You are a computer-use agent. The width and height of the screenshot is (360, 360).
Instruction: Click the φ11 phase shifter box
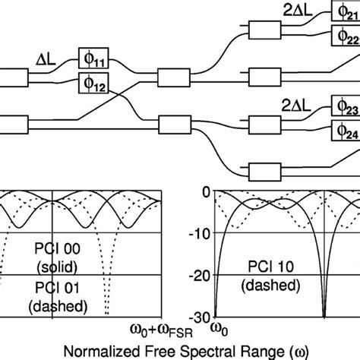pyautogui.click(x=93, y=58)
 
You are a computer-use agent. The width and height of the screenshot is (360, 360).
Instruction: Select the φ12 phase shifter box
pyautogui.click(x=93, y=83)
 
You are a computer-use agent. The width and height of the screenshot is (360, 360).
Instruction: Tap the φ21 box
pyautogui.click(x=346, y=11)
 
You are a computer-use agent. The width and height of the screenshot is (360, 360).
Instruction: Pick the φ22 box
pyautogui.click(x=346, y=36)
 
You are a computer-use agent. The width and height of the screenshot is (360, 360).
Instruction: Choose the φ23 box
pyautogui.click(x=346, y=106)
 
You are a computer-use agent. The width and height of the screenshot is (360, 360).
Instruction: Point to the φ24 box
pyautogui.click(x=346, y=131)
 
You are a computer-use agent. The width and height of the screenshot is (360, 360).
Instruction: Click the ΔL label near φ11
pyautogui.click(x=46, y=60)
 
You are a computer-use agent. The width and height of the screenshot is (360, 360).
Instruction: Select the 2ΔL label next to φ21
pyautogui.click(x=298, y=11)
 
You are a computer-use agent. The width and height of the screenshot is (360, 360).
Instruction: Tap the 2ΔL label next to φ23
pyautogui.click(x=296, y=106)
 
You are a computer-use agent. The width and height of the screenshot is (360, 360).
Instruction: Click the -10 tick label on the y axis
pyautogui.click(x=200, y=235)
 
